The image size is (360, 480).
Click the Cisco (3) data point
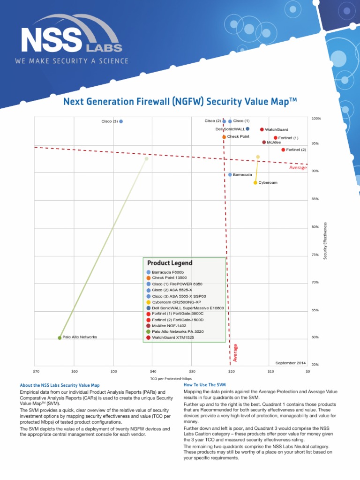pos(121,121)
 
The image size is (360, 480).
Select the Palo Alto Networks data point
pos(60,337)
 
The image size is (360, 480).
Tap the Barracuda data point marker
pos(230,174)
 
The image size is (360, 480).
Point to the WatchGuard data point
pos(262,129)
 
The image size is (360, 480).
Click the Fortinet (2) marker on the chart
pos(283,150)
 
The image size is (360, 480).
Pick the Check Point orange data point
pos(224,137)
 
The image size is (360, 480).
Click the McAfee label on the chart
pos(274,142)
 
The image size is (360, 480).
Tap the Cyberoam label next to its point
pos(268,182)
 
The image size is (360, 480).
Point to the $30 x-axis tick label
pos(192,371)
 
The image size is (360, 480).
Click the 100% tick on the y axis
pos(316,119)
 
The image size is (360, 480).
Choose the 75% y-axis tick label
pos(315,255)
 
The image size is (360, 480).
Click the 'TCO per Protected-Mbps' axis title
pos(171,379)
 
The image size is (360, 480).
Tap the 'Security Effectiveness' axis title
pos(326,240)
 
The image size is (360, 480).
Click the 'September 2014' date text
pos(290,363)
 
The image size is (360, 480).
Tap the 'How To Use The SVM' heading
pos(205,384)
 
